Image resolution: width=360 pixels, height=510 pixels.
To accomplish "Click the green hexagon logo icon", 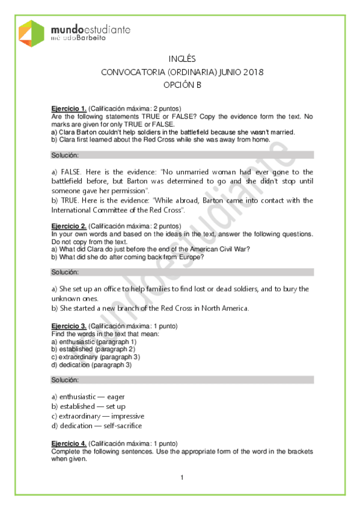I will (x=31, y=34).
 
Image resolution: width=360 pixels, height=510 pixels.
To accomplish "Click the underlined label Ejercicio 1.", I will (x=69, y=109).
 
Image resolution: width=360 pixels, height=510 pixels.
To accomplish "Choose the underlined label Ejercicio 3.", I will (x=69, y=326).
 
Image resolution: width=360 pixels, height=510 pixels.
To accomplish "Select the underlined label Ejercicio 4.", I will (x=69, y=444).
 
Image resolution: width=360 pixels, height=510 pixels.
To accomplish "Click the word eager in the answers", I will (x=116, y=397).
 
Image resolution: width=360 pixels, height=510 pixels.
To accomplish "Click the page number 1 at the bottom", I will (x=181, y=478).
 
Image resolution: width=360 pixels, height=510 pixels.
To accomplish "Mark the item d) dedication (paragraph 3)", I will (x=91, y=364).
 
